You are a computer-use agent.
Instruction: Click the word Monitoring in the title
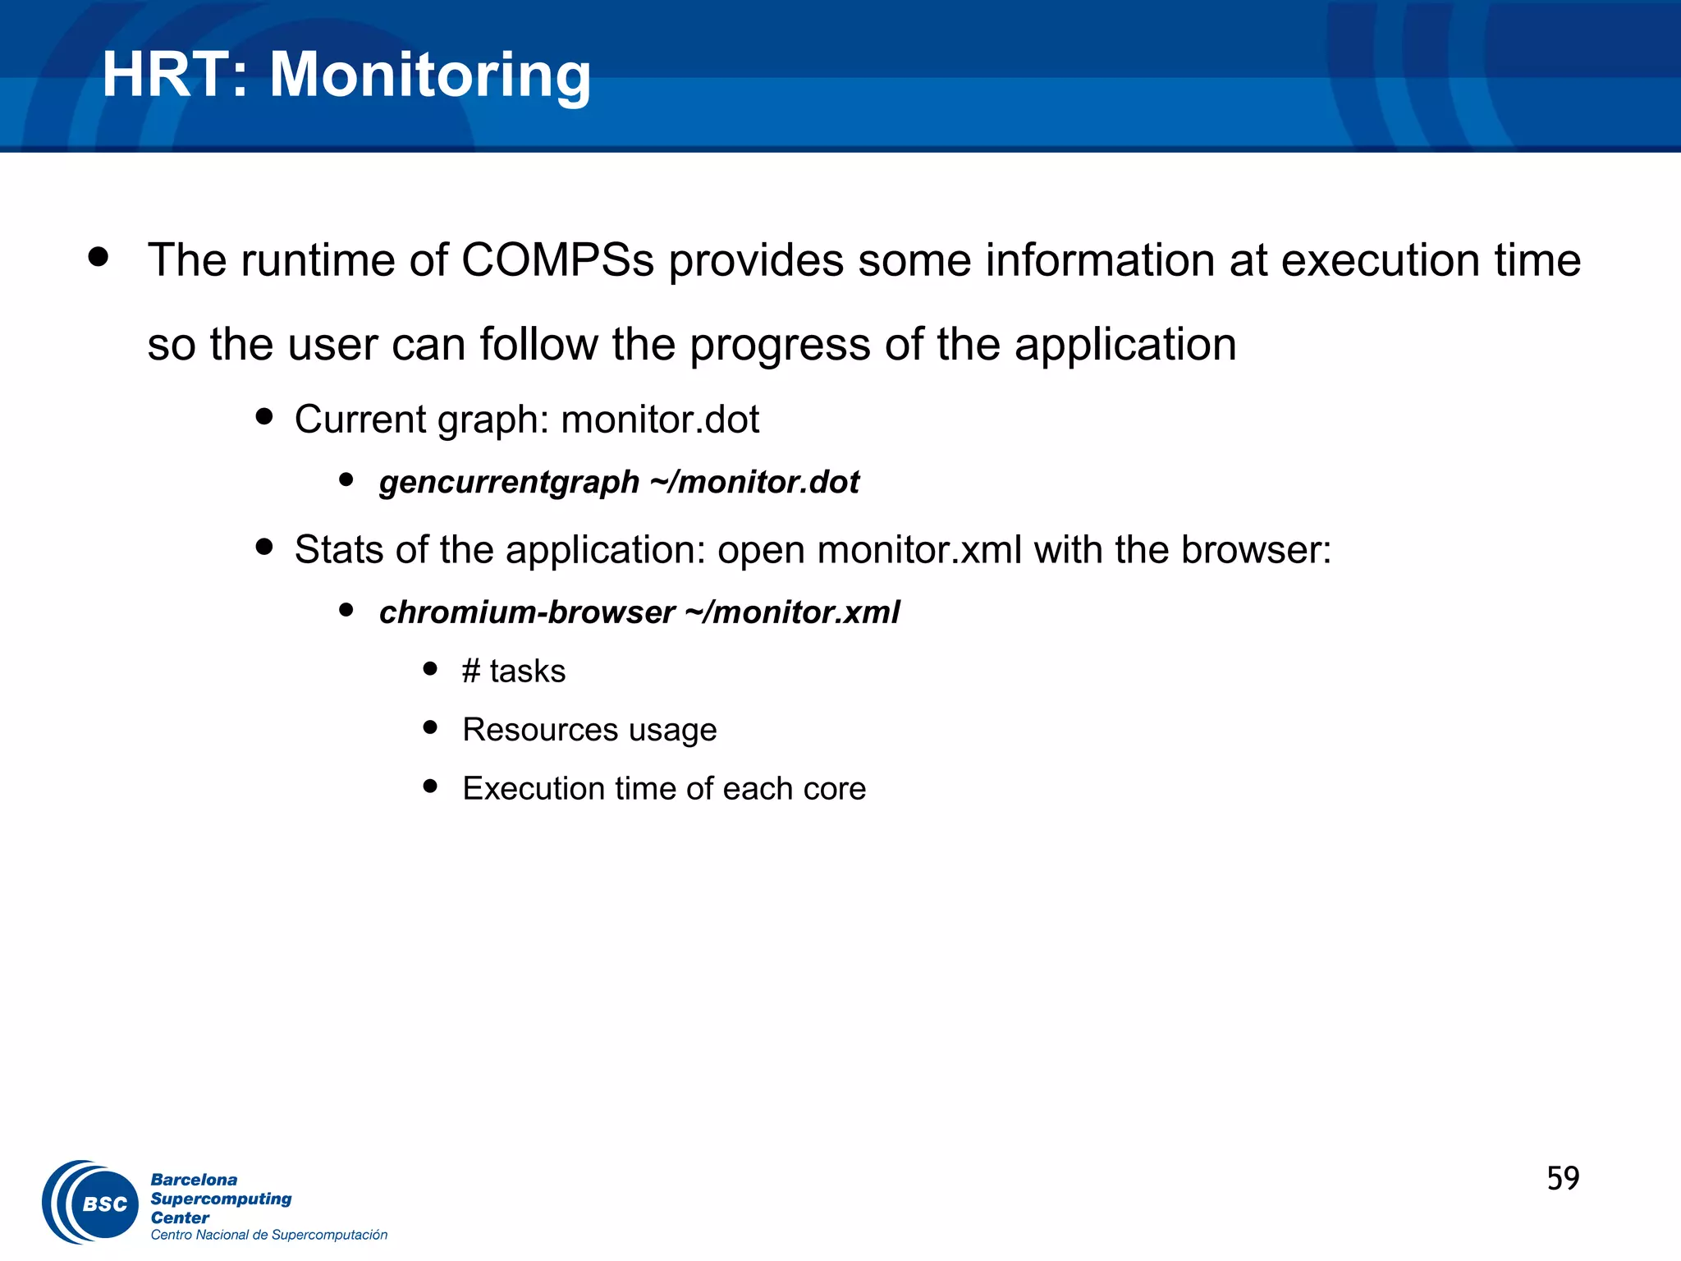pos(430,76)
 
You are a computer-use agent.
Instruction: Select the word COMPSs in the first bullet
pos(557,260)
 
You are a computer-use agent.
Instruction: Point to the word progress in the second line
pos(779,345)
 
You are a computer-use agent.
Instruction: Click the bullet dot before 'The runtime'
pos(98,257)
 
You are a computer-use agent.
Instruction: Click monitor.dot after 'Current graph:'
pos(660,420)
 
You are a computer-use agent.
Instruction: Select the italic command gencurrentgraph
pos(509,482)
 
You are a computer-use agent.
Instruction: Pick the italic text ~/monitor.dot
pos(754,482)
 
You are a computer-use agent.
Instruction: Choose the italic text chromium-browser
pos(527,612)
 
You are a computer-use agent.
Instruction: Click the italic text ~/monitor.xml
pos(792,612)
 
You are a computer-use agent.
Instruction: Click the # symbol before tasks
pos(470,672)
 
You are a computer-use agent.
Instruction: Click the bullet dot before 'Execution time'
pos(430,786)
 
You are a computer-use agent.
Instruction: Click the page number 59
pos(1563,1179)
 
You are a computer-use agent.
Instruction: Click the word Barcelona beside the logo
pos(194,1180)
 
